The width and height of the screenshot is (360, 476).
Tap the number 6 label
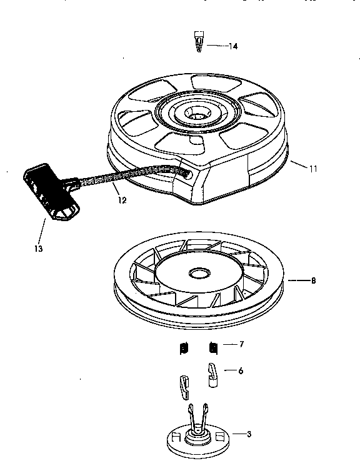[241, 370]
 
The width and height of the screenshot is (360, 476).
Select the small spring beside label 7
[213, 346]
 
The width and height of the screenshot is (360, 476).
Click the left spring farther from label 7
[182, 347]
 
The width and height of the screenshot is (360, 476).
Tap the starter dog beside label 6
[212, 376]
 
